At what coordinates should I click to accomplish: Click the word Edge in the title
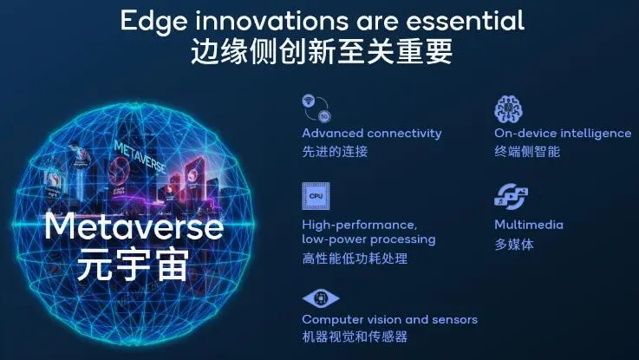pyautogui.click(x=153, y=22)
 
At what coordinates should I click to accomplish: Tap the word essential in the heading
pyautogui.click(x=465, y=20)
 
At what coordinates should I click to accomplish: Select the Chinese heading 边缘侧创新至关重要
pyautogui.click(x=322, y=52)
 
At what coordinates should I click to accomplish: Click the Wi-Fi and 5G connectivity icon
pyautogui.click(x=316, y=108)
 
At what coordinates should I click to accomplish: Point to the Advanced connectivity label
pyautogui.click(x=372, y=134)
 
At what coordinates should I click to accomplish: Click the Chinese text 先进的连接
pyautogui.click(x=335, y=152)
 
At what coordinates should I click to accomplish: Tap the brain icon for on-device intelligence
pyautogui.click(x=509, y=108)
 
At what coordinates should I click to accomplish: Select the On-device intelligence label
pyautogui.click(x=563, y=134)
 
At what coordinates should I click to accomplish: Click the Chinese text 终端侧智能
pyautogui.click(x=527, y=152)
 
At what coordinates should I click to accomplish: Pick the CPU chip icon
pyautogui.click(x=316, y=196)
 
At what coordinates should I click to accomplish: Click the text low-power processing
pyautogui.click(x=368, y=239)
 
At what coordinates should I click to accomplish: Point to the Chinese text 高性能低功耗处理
pyautogui.click(x=355, y=259)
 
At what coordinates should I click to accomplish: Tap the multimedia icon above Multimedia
pyautogui.click(x=511, y=197)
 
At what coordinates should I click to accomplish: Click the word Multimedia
pyautogui.click(x=529, y=225)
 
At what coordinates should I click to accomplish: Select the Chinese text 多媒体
pyautogui.click(x=514, y=245)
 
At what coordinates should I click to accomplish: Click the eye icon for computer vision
pyautogui.click(x=321, y=298)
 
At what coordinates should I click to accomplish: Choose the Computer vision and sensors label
pyautogui.click(x=389, y=319)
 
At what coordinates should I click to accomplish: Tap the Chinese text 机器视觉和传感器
pyautogui.click(x=355, y=337)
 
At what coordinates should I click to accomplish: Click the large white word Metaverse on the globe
pyautogui.click(x=134, y=226)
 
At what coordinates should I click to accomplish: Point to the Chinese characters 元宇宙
pyautogui.click(x=134, y=265)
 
